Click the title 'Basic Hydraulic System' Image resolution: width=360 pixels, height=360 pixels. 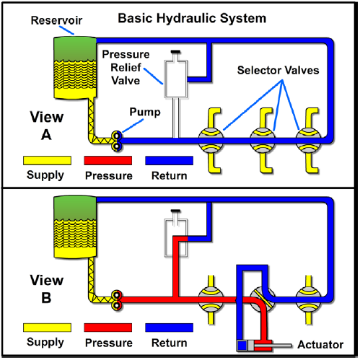pyautogui.click(x=192, y=19)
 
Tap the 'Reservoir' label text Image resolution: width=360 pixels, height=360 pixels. pyautogui.click(x=56, y=20)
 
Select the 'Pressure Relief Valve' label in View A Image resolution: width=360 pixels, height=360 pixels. pyautogui.click(x=126, y=68)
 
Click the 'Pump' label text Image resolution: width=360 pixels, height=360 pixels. pyautogui.click(x=145, y=112)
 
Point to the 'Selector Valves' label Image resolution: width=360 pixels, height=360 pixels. pyautogui.click(x=278, y=70)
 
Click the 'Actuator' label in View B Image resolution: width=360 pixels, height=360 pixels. pyautogui.click(x=320, y=345)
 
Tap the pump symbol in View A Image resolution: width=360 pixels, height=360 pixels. pyautogui.click(x=117, y=141)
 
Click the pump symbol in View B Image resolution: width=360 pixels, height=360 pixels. pyautogui.click(x=117, y=300)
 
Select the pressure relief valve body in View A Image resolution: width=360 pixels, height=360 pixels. pyautogui.click(x=176, y=79)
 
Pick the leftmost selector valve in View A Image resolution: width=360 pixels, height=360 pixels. pyautogui.click(x=211, y=141)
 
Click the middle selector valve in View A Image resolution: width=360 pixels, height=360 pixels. pyautogui.click(x=263, y=141)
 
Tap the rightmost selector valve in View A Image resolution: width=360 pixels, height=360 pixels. pyautogui.click(x=309, y=141)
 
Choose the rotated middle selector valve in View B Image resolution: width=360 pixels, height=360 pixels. pyautogui.click(x=263, y=299)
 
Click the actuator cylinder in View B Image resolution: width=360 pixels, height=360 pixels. pyautogui.click(x=255, y=346)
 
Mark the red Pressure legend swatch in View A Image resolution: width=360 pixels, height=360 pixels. pyautogui.click(x=108, y=160)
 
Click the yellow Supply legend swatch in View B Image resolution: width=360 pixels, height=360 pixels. pyautogui.click(x=47, y=328)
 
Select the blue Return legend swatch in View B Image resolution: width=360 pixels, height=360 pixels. pyautogui.click(x=169, y=328)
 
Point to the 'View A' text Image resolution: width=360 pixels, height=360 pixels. pyautogui.click(x=47, y=126)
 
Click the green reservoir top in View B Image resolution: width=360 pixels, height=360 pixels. pyautogui.click(x=75, y=208)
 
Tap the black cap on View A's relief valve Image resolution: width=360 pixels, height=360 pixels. pyautogui.click(x=176, y=52)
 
